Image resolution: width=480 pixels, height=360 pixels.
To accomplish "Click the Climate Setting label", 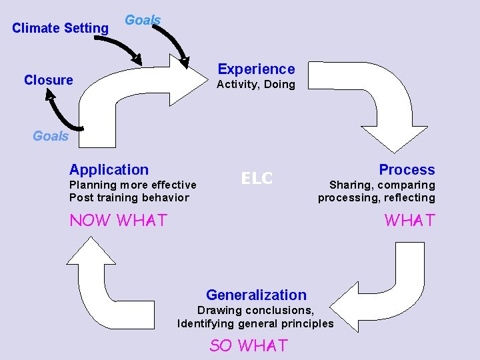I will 60,28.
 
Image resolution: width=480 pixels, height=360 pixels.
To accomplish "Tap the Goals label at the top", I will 143,20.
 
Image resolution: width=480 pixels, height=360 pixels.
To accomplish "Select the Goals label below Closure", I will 51,136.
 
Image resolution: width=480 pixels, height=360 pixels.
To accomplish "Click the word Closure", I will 48,80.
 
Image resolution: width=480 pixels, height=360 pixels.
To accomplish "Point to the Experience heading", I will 256,69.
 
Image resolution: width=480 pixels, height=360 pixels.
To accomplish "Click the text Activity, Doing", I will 255,84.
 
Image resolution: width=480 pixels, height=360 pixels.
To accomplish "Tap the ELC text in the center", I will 257,178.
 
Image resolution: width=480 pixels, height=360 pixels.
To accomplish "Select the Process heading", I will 407,170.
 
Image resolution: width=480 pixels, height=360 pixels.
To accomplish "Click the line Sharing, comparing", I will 382,185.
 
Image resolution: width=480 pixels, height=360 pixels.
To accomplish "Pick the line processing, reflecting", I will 376,197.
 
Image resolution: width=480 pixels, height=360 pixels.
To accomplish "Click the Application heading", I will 109,170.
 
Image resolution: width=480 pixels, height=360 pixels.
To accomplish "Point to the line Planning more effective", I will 133,185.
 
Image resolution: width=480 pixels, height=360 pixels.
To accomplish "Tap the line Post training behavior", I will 129,197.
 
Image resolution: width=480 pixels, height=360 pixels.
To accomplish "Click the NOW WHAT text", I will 118,220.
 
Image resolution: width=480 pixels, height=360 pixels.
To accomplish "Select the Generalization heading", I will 256,295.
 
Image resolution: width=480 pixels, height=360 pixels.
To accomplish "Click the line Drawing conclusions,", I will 255,310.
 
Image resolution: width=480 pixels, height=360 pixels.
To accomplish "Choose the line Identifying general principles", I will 255,323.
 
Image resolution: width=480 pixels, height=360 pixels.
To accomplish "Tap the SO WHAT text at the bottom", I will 248,345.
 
